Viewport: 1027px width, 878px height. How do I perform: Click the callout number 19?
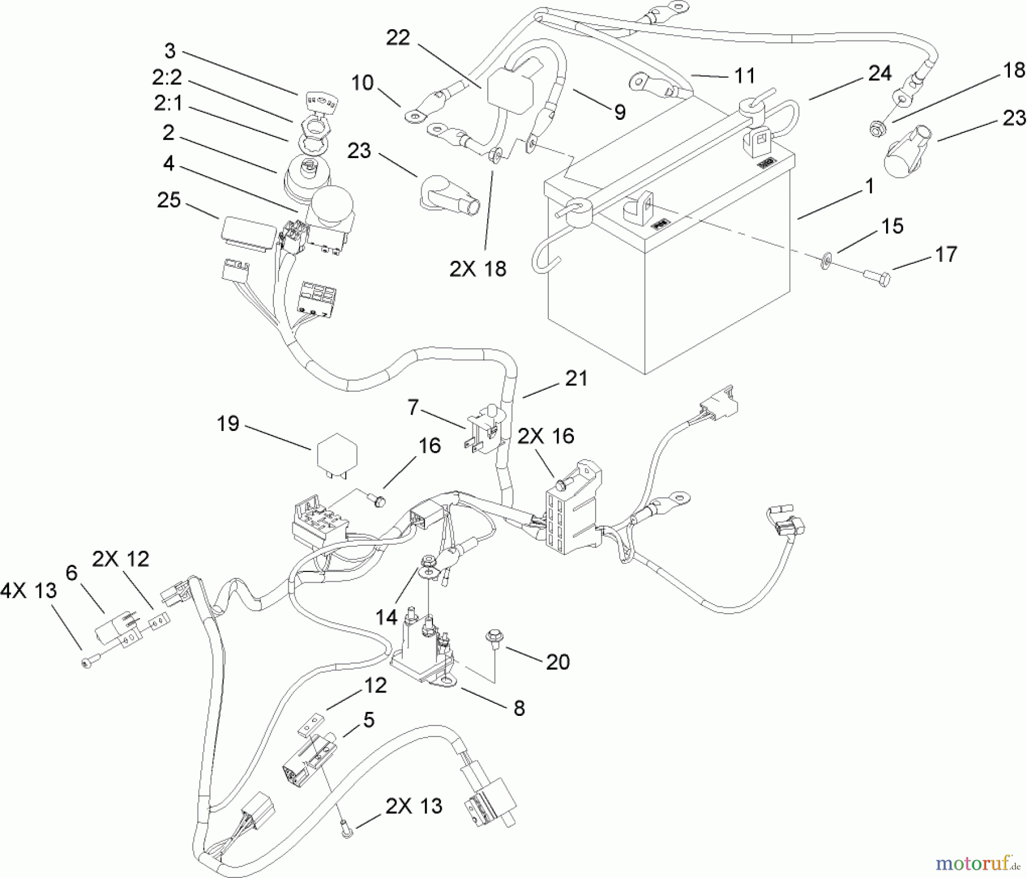point(228,424)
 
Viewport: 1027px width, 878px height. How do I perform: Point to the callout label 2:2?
point(168,77)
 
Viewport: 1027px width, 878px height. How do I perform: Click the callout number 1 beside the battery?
point(870,187)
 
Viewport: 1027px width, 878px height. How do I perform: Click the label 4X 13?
point(29,591)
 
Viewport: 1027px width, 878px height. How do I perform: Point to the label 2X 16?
point(545,436)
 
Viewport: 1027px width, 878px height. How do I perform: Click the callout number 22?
point(398,38)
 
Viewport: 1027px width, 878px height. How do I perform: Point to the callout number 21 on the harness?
point(576,378)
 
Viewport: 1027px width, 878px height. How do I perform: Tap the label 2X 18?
point(478,269)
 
